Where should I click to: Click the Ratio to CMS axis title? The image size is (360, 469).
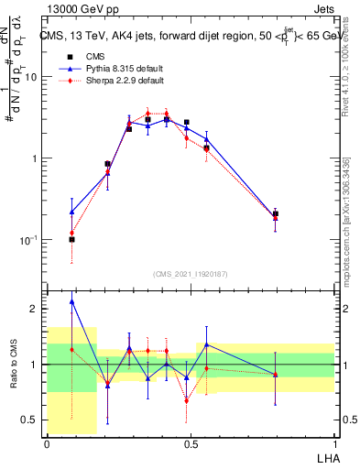point(13,365)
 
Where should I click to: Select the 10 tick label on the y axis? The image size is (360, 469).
point(30,77)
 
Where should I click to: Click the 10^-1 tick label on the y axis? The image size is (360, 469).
point(27,240)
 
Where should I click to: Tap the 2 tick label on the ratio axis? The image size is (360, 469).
point(34,310)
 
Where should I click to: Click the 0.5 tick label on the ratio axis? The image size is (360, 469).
point(30,420)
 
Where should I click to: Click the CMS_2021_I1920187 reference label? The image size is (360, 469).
point(191,273)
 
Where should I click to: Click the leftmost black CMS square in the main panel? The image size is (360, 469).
point(71,239)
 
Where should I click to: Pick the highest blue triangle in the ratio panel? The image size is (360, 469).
point(71,301)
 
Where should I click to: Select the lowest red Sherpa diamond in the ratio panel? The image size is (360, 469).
point(187,400)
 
